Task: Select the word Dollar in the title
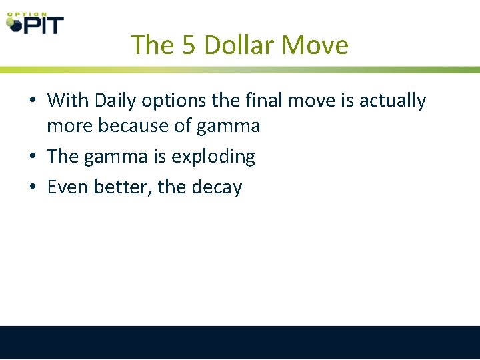pyautogui.click(x=239, y=45)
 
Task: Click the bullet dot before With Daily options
pyautogui.click(x=32, y=101)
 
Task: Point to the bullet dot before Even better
pyautogui.click(x=32, y=188)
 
